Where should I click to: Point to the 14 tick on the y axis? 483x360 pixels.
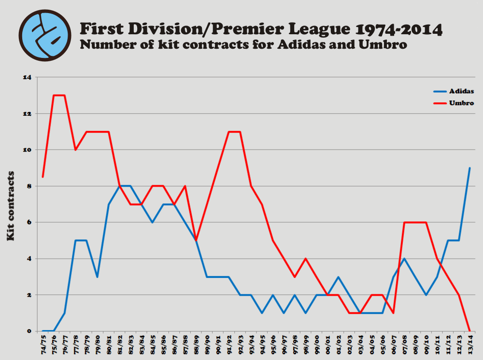(x=27, y=77)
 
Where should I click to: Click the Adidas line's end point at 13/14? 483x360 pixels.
(x=469, y=168)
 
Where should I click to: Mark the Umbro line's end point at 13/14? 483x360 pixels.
(x=469, y=331)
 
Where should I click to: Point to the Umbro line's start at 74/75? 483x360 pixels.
(x=43, y=177)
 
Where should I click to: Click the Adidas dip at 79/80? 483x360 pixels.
(x=98, y=277)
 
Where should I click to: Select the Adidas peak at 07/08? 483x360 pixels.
(x=404, y=259)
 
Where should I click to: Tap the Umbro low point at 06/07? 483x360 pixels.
(x=393, y=313)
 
